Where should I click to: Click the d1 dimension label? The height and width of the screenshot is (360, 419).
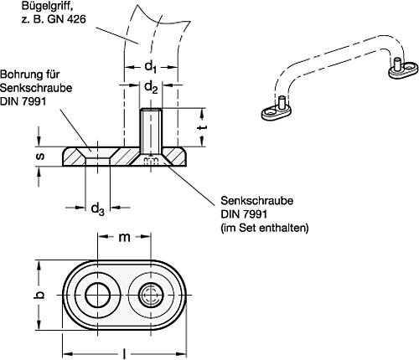point(150,68)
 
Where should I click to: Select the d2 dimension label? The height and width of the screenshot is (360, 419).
point(151,87)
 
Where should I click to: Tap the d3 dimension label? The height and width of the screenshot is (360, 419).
point(97,208)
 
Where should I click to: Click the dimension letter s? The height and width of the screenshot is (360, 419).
point(40,157)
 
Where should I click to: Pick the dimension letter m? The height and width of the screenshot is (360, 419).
point(124,237)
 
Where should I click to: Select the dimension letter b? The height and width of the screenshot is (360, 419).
point(40,296)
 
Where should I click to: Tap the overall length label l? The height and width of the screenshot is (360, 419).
point(124,354)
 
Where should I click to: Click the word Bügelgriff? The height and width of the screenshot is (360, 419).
point(44,7)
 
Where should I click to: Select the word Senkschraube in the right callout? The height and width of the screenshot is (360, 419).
point(257,201)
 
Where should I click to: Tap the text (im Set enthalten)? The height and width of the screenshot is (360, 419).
point(265,229)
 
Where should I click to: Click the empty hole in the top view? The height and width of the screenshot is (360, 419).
point(97,296)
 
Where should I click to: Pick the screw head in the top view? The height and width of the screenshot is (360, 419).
point(151,296)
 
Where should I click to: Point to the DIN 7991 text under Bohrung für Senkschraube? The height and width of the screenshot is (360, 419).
point(23,101)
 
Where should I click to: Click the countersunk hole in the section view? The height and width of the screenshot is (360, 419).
point(97,157)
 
